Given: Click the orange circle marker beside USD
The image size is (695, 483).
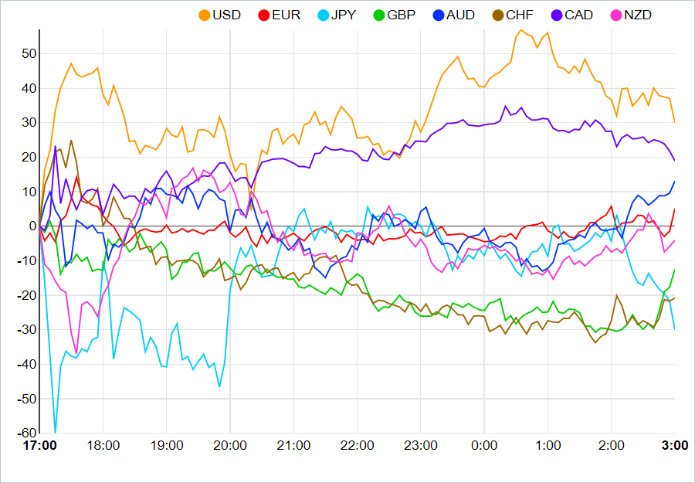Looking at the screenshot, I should pos(205,15).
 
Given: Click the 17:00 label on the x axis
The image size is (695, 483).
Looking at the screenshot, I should pos(39,446).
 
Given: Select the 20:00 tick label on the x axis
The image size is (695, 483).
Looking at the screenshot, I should pos(230,446).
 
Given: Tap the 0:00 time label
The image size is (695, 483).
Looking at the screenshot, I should pos(484,446).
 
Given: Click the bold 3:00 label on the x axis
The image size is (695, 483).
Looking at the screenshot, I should pos(675,446).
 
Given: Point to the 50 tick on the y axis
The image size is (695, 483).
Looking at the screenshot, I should pos(29,53).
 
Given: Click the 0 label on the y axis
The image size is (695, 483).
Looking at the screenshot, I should pos(32,226).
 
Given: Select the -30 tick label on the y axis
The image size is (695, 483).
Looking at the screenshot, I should pos(27,330).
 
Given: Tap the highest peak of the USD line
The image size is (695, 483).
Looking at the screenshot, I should pos(522,31).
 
